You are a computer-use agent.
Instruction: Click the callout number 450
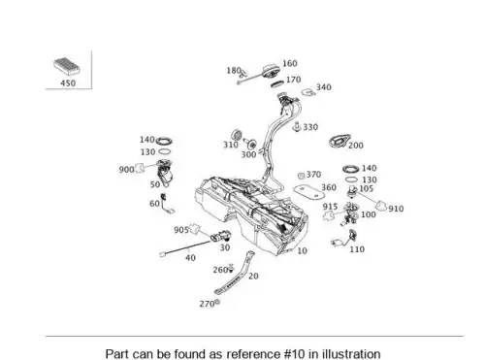pos(68,82)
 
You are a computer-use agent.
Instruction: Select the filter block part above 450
pos(67,66)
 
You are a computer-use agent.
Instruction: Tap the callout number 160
pos(290,63)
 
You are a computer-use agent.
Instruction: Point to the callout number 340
pos(324,87)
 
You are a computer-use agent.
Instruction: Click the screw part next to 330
pos(297,127)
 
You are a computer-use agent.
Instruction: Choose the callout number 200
pos(356,146)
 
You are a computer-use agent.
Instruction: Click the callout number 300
pos(248,154)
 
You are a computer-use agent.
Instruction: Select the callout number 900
pos(126,169)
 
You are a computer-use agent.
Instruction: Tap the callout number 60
pos(154,204)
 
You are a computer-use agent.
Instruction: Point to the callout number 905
pos(181,230)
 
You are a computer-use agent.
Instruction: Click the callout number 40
pos(190,258)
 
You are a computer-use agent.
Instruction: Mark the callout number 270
pos(207,304)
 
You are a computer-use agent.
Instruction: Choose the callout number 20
pos(253,276)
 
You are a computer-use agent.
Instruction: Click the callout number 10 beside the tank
pos(302,250)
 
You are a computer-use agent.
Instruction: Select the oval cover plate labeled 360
pos(308,191)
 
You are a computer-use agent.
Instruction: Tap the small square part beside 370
pos(301,176)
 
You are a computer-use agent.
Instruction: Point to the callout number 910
pos(396,209)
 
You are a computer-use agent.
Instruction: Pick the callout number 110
pos(357,249)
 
